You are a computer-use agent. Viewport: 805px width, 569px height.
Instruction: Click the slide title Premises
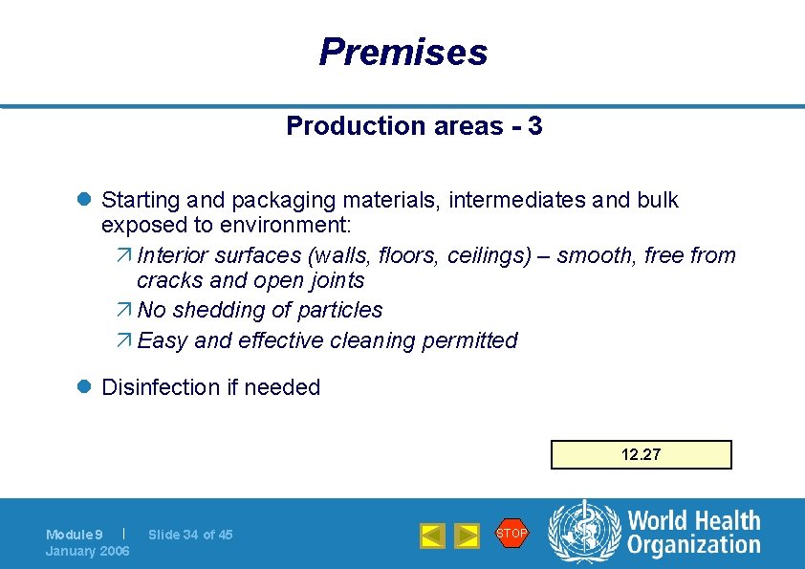tap(402, 52)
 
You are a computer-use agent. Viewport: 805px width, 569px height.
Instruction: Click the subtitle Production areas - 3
tap(414, 126)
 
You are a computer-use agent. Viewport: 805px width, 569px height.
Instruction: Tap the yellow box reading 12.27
tap(641, 454)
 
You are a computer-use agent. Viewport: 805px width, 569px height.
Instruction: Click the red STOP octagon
tap(511, 533)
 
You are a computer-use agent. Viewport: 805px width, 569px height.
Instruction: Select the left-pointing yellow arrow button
tap(433, 536)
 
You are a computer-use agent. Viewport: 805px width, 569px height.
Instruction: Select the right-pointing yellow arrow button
tap(466, 536)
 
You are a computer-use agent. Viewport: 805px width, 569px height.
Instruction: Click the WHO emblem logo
tap(583, 533)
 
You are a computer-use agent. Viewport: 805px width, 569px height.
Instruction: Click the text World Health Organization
tap(694, 533)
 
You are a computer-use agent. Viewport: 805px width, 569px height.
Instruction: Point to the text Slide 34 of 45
tap(190, 535)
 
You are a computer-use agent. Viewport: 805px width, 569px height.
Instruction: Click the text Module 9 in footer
tap(75, 535)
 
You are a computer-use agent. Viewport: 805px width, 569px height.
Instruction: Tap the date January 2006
tap(88, 551)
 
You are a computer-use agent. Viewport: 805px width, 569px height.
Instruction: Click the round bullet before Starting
tap(83, 201)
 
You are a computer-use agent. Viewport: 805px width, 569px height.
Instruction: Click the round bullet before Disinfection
tap(83, 387)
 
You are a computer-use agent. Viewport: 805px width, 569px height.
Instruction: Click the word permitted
tap(473, 340)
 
